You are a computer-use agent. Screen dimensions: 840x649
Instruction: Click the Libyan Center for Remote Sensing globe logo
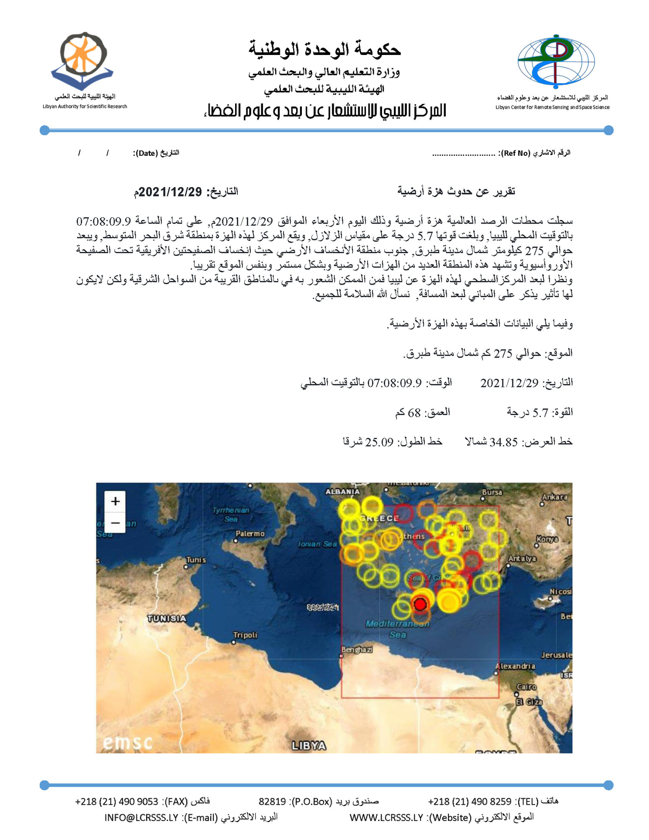tap(556, 62)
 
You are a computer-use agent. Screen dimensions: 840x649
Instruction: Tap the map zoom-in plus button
tap(115, 501)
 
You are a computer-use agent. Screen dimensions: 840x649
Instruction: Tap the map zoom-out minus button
tap(115, 522)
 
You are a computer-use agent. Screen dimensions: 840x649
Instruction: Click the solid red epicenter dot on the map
tap(420, 604)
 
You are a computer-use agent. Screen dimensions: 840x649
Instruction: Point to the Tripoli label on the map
tap(245, 635)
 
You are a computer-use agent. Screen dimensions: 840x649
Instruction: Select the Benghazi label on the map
tap(357, 650)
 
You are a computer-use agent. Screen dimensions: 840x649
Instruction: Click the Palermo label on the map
tap(250, 534)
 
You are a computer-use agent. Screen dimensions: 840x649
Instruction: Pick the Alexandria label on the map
tap(515, 666)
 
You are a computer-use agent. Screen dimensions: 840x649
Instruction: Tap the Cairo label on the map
tap(526, 687)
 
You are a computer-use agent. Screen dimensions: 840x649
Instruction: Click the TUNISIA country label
tap(167, 618)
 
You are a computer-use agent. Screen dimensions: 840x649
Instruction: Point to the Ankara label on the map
tap(555, 497)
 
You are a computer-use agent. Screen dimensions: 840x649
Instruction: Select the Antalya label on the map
tap(522, 559)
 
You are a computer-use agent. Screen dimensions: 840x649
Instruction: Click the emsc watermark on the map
tap(128, 742)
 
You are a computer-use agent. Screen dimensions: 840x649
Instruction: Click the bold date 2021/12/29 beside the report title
tap(171, 192)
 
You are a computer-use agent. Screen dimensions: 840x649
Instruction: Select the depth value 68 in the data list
tap(414, 412)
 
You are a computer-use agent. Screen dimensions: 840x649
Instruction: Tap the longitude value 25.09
tap(379, 442)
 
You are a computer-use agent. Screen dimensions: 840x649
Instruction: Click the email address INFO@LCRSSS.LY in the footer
tap(141, 817)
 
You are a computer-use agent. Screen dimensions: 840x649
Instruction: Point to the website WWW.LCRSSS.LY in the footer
tap(386, 817)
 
